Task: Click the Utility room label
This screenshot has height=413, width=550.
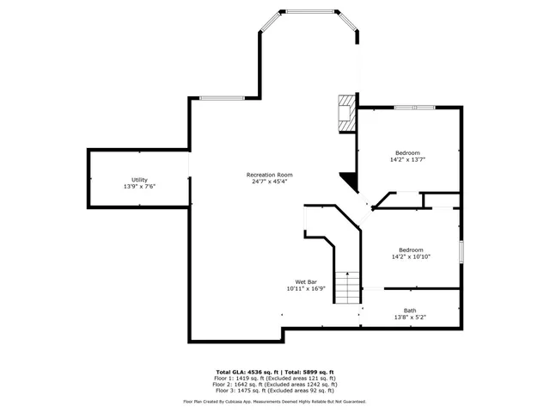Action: [x=139, y=180]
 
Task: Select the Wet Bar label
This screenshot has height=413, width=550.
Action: [x=306, y=282]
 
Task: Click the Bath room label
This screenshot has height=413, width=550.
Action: [x=410, y=311]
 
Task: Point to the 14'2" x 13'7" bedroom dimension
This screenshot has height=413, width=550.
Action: [x=408, y=159]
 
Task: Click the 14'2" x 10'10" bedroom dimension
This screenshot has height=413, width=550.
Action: [x=410, y=256]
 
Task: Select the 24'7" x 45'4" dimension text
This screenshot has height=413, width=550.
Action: [x=269, y=182]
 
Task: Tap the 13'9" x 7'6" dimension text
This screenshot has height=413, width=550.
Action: [x=139, y=187]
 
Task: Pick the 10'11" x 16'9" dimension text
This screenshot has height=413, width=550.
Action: [x=306, y=289]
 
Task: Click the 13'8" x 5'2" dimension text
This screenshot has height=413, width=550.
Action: [x=410, y=317]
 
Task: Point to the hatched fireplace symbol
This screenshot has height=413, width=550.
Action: [x=346, y=113]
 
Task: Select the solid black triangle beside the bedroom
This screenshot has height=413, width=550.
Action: [x=349, y=180]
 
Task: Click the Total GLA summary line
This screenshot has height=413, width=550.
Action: [x=275, y=371]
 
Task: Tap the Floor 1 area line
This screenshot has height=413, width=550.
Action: [x=275, y=378]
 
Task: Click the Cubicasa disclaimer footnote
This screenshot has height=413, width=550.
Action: [x=275, y=402]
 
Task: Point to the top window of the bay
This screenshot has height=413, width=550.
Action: [x=312, y=12]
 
